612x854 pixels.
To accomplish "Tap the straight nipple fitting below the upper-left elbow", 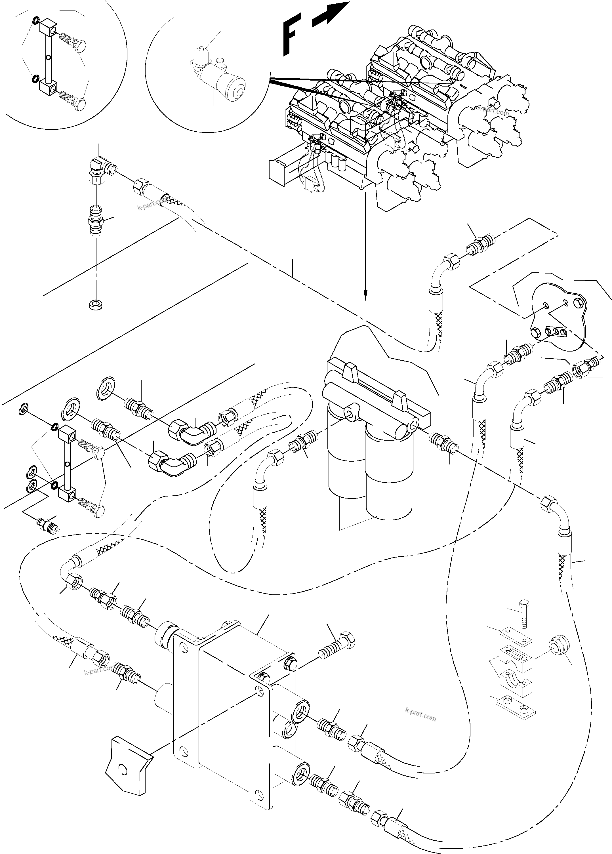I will pos(96,220).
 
